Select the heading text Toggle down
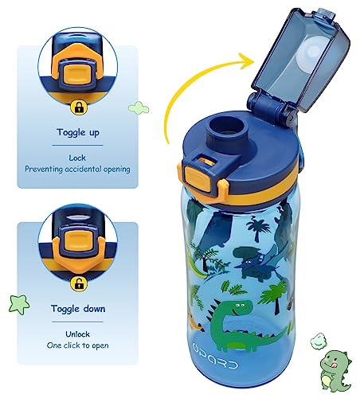[76, 306]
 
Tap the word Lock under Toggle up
[76, 157]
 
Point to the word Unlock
[76, 334]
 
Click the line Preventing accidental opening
[76, 169]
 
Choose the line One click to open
[76, 345]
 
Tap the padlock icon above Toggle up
[76, 104]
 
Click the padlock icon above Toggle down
[76, 283]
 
